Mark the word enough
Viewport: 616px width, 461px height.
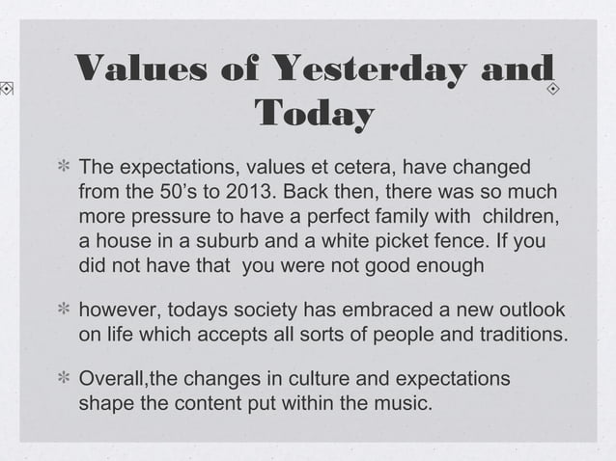coord(448,263)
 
